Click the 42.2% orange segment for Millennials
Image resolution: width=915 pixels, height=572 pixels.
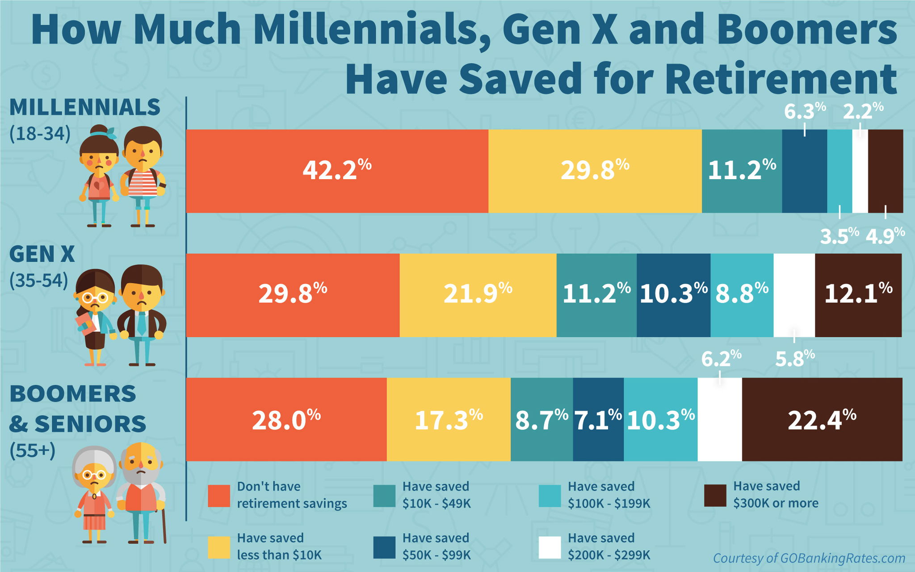pos(337,171)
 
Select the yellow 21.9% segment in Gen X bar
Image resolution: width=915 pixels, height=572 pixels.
pos(478,295)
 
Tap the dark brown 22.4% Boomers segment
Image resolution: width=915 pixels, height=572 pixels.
pos(822,419)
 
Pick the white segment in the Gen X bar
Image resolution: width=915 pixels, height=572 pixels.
pos(794,295)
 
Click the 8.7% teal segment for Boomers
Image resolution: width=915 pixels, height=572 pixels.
pos(541,419)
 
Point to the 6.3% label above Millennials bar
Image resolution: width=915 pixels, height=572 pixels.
pos(805,111)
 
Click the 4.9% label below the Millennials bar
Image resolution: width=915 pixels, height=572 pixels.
pos(885,236)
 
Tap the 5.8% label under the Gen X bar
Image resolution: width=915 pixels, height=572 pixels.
pos(795,358)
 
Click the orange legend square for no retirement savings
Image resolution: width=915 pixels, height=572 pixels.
pos(219,496)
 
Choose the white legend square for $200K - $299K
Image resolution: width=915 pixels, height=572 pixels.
pos(550,547)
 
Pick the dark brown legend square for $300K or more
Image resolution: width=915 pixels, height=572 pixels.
pos(715,496)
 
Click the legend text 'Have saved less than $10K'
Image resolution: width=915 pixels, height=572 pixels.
pos(279,546)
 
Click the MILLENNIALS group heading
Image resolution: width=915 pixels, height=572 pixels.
pos(84,108)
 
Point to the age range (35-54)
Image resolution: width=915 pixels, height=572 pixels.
pos(39,280)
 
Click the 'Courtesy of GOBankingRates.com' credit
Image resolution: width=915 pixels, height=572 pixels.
pos(809,558)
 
